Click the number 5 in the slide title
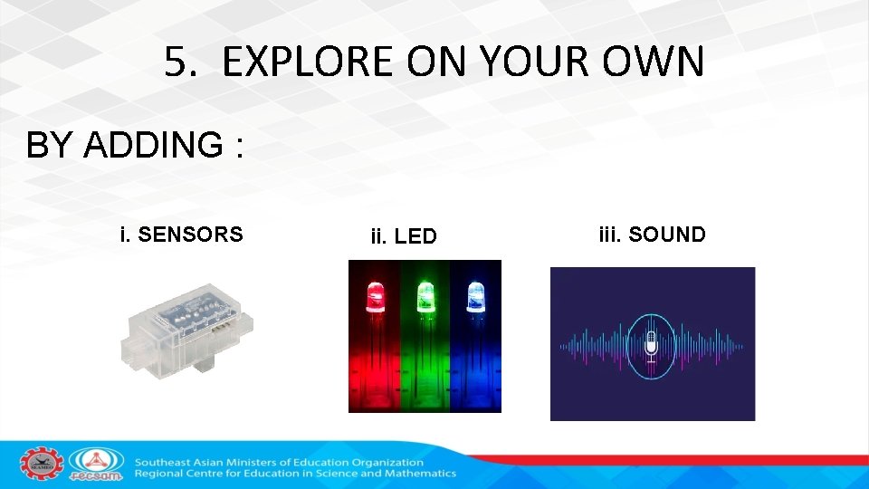point(177,62)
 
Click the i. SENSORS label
point(181,235)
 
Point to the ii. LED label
point(404,237)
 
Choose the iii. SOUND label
point(652,235)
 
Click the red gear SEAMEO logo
point(42,465)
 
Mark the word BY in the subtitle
point(50,145)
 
